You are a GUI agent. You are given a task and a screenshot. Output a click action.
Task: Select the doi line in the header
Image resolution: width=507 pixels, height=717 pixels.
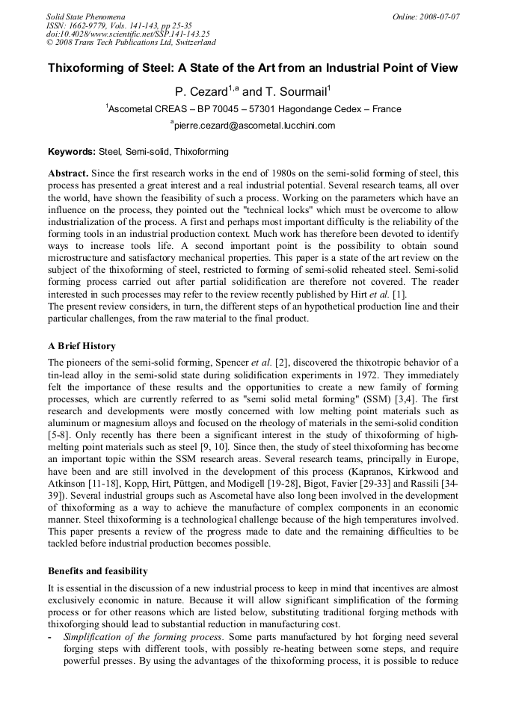pos(128,34)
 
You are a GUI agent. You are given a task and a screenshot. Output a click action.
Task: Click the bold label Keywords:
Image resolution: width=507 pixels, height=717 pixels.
pos(71,152)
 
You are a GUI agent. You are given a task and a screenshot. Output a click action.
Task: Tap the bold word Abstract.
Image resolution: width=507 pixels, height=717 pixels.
pos(68,173)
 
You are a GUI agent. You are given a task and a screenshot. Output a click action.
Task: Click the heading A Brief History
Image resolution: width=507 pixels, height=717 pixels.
pos(82,346)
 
